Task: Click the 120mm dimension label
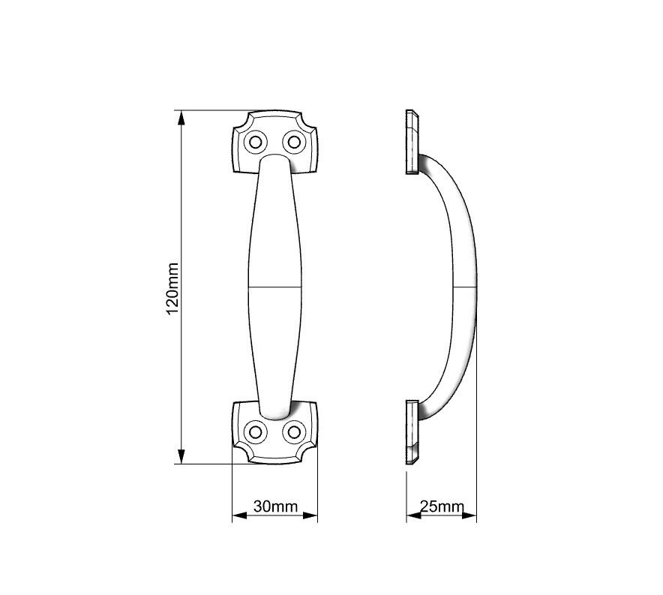click(172, 289)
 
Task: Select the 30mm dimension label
click(276, 506)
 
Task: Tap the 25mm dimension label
click(442, 506)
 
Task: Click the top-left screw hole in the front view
click(256, 142)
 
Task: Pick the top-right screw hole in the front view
click(294, 142)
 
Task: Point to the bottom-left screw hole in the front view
click(256, 432)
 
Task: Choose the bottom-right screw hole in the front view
click(294, 432)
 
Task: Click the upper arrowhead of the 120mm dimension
click(181, 119)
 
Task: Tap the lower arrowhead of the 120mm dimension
click(181, 456)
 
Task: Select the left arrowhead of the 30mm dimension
click(240, 515)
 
